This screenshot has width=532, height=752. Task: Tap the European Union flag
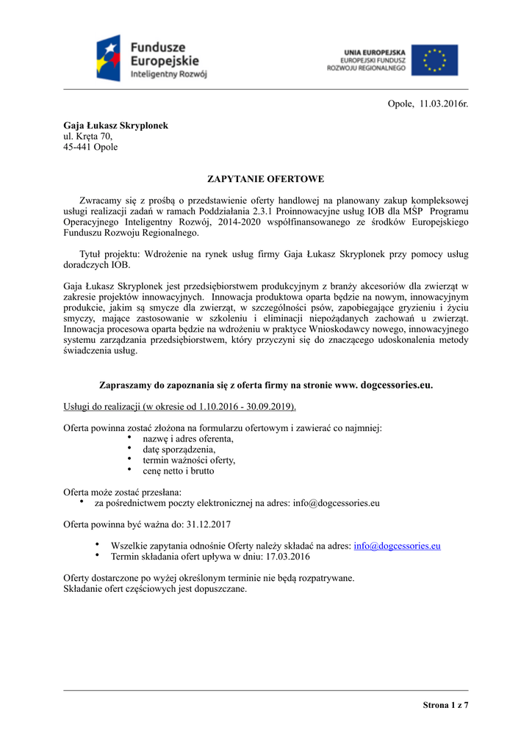pos(434,60)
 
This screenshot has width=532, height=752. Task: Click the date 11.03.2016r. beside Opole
pos(444,104)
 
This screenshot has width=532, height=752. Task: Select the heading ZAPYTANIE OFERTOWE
pos(265,179)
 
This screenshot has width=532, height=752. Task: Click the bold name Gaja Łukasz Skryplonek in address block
pos(116,126)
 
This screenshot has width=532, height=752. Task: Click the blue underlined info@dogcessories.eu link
pos(397,546)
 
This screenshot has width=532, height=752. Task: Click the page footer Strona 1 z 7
pos(445,706)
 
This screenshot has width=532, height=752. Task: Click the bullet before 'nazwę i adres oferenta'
pos(129,438)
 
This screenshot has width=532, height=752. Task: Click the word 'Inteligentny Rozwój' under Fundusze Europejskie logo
pos(169,75)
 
